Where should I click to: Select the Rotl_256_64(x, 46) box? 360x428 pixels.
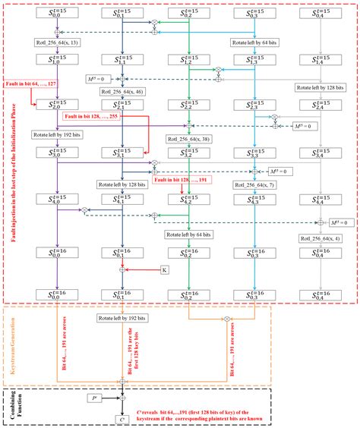122,93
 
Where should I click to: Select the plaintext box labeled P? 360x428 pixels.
93,396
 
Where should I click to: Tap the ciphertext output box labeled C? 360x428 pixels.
122,420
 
